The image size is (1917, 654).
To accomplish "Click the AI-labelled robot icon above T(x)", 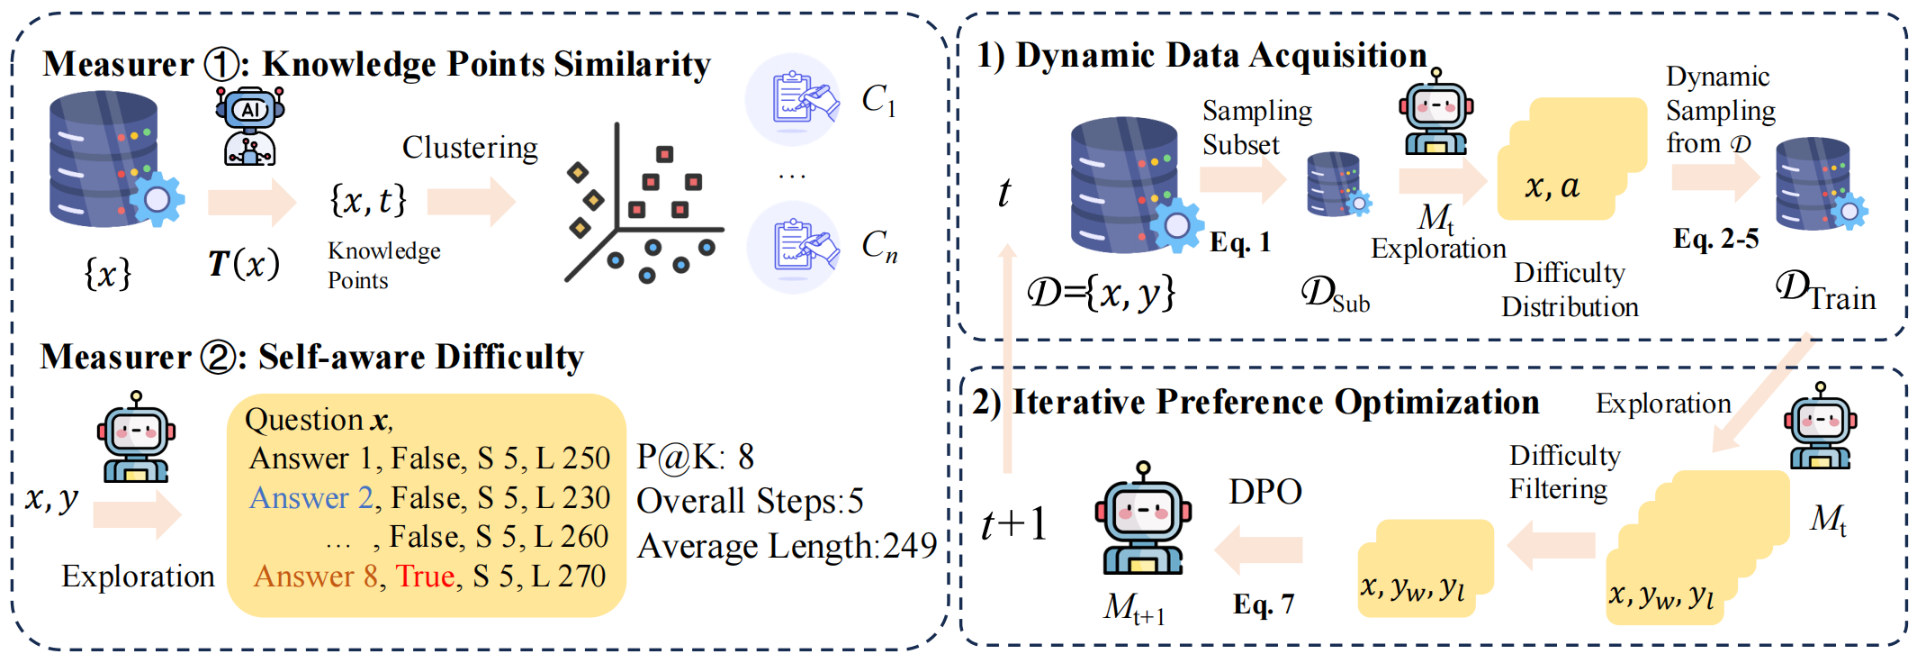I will click(x=249, y=126).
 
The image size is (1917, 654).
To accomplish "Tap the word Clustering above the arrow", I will click(x=470, y=148).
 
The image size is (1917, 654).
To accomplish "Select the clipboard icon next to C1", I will click(x=793, y=99).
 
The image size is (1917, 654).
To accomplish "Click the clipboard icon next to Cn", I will click(x=793, y=247).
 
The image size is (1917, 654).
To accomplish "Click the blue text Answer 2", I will click(x=310, y=498).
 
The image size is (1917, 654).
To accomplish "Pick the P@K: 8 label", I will click(x=695, y=458).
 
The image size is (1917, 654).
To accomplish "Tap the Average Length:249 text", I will click(x=787, y=546).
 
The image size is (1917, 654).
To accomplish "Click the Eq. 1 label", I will click(x=1239, y=242).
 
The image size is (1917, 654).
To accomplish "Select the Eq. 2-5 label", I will click(x=1715, y=239).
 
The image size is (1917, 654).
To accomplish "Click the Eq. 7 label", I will click(x=1263, y=604).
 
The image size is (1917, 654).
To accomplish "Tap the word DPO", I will click(x=1265, y=492).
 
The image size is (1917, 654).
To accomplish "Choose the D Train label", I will click(x=1825, y=292).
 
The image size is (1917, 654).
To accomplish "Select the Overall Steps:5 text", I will click(x=750, y=501).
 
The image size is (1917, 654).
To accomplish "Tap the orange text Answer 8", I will click(x=315, y=577).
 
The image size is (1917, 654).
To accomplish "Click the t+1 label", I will click(x=1014, y=523).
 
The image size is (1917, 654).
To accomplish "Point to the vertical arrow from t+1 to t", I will click(x=1008, y=360).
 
